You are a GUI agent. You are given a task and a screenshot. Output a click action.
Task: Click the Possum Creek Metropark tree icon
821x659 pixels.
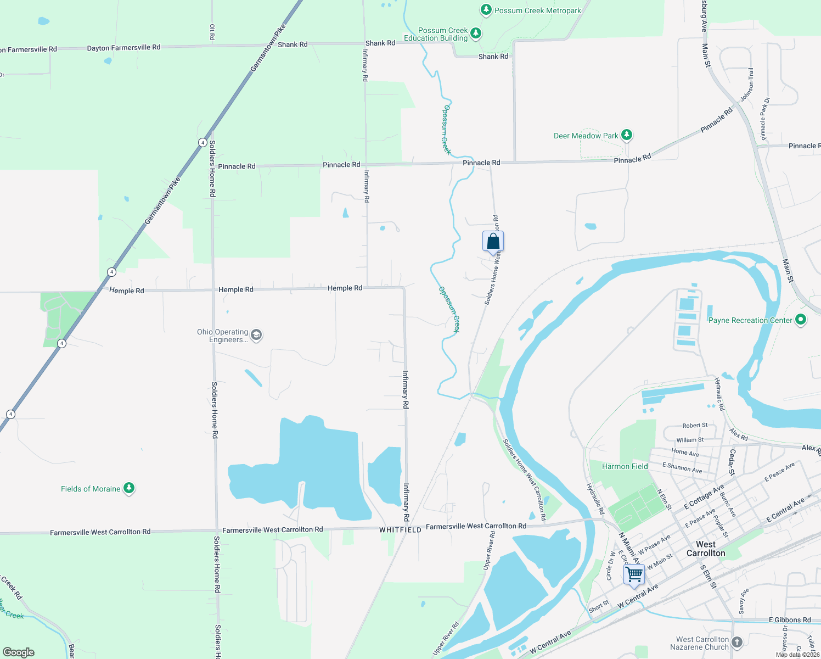(x=486, y=10)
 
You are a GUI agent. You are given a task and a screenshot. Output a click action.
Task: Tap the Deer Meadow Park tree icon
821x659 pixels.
(x=627, y=135)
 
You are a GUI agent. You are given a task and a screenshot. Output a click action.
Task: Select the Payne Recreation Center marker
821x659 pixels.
(x=801, y=320)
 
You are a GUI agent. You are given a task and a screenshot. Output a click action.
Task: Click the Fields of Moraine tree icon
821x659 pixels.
(x=129, y=488)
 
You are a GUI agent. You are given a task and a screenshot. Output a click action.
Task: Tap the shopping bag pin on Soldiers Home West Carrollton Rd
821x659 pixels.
(x=493, y=241)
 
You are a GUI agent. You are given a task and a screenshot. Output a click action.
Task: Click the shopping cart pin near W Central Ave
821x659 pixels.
(x=634, y=574)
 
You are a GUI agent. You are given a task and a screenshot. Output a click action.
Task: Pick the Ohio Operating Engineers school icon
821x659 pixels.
(x=256, y=335)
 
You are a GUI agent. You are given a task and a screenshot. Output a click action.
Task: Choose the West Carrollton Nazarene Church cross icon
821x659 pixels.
(x=737, y=642)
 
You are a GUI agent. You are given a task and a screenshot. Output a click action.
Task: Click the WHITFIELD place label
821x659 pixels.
(x=400, y=530)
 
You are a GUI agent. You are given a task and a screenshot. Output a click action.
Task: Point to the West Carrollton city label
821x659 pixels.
(x=706, y=549)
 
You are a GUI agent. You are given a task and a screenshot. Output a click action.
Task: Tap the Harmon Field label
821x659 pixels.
(x=625, y=466)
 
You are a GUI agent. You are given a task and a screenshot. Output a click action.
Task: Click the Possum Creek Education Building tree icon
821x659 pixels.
(x=476, y=33)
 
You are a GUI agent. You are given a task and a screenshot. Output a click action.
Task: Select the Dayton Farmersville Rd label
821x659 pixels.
(x=123, y=48)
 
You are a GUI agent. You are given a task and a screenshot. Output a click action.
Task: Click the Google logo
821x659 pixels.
(x=19, y=652)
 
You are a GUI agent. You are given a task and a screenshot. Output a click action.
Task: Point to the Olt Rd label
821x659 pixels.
(x=212, y=32)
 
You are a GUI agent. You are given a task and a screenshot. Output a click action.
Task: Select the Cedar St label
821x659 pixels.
(x=732, y=462)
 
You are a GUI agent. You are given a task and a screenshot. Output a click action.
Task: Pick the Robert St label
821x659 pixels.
(x=695, y=425)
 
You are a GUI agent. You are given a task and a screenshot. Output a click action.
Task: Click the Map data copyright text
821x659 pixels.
(x=797, y=655)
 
